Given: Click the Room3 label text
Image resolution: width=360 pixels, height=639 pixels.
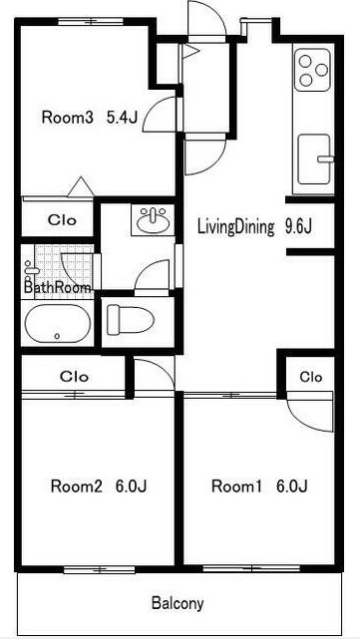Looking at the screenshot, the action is click(68, 118).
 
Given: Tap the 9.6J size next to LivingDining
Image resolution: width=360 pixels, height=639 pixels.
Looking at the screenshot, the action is click(298, 227).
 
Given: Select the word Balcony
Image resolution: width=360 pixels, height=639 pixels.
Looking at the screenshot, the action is click(178, 603).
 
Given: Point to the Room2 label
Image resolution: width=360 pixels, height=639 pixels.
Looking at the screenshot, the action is click(76, 486).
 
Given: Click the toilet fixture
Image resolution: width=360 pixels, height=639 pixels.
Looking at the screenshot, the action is click(130, 320).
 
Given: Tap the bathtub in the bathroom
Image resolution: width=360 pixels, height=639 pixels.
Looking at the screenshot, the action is click(58, 324).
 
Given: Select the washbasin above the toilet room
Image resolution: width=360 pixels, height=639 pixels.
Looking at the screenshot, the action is click(153, 220).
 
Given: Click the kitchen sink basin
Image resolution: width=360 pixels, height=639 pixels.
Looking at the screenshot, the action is click(313, 159).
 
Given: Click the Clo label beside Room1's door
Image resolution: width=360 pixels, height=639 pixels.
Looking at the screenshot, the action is click(311, 377).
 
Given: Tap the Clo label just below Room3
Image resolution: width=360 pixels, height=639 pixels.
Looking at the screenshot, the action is click(62, 220).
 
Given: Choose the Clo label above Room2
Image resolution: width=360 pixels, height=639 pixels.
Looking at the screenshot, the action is click(74, 376).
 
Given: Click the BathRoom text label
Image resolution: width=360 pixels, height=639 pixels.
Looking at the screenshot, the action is click(58, 288).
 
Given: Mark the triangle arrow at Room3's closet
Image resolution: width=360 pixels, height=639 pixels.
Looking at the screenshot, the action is click(81, 186).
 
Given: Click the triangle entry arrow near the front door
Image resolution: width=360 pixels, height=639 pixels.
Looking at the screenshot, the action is click(190, 52).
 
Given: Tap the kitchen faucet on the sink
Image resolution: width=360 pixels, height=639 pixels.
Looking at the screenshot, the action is click(326, 159).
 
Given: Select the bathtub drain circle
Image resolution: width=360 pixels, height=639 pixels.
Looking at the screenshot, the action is click(57, 336).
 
